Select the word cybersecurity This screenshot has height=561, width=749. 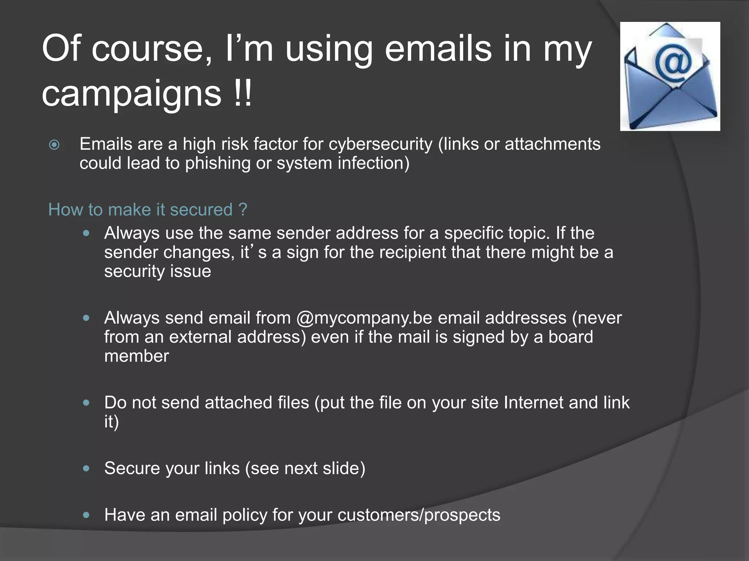point(380,144)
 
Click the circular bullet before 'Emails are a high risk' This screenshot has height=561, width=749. point(54,145)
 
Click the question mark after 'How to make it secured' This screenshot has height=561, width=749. point(243,210)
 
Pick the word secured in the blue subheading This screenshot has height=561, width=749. point(201,210)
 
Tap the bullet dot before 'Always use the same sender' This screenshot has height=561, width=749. point(86,233)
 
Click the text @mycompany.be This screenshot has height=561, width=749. point(364,318)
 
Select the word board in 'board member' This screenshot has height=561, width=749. point(571,337)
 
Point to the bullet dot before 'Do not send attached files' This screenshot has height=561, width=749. point(86,402)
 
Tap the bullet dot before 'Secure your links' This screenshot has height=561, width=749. point(86,468)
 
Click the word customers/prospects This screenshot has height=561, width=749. point(419,515)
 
